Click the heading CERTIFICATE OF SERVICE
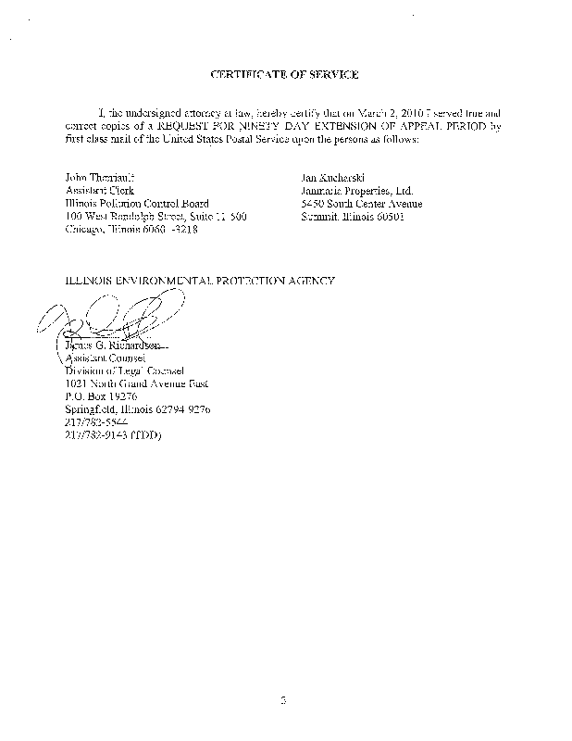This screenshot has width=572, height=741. pyautogui.click(x=284, y=73)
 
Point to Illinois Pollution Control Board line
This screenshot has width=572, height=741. pyautogui.click(x=137, y=204)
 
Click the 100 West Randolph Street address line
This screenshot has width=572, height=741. pyautogui.click(x=155, y=217)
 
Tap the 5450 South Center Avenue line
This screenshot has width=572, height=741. pyautogui.click(x=361, y=204)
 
